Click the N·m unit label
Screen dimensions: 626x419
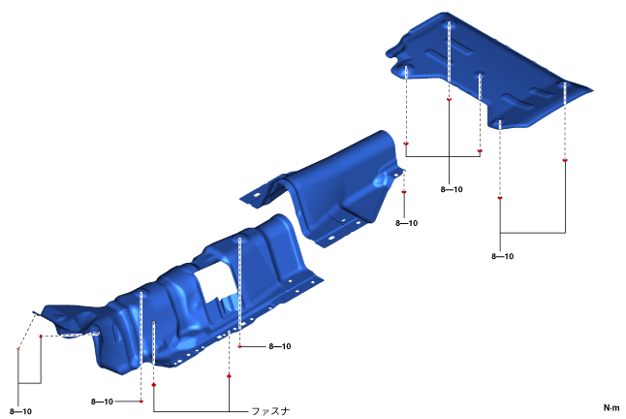(x=611, y=407)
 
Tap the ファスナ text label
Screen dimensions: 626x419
(x=270, y=411)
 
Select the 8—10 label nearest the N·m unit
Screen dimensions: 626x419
(x=502, y=256)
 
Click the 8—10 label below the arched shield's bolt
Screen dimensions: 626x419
(x=406, y=223)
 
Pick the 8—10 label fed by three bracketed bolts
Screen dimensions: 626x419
(x=452, y=189)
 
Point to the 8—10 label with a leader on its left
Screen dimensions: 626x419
(x=279, y=346)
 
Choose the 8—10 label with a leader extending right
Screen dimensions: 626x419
(x=102, y=402)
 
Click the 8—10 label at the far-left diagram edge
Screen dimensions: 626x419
(x=20, y=411)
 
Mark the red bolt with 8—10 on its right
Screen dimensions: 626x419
(x=239, y=346)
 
